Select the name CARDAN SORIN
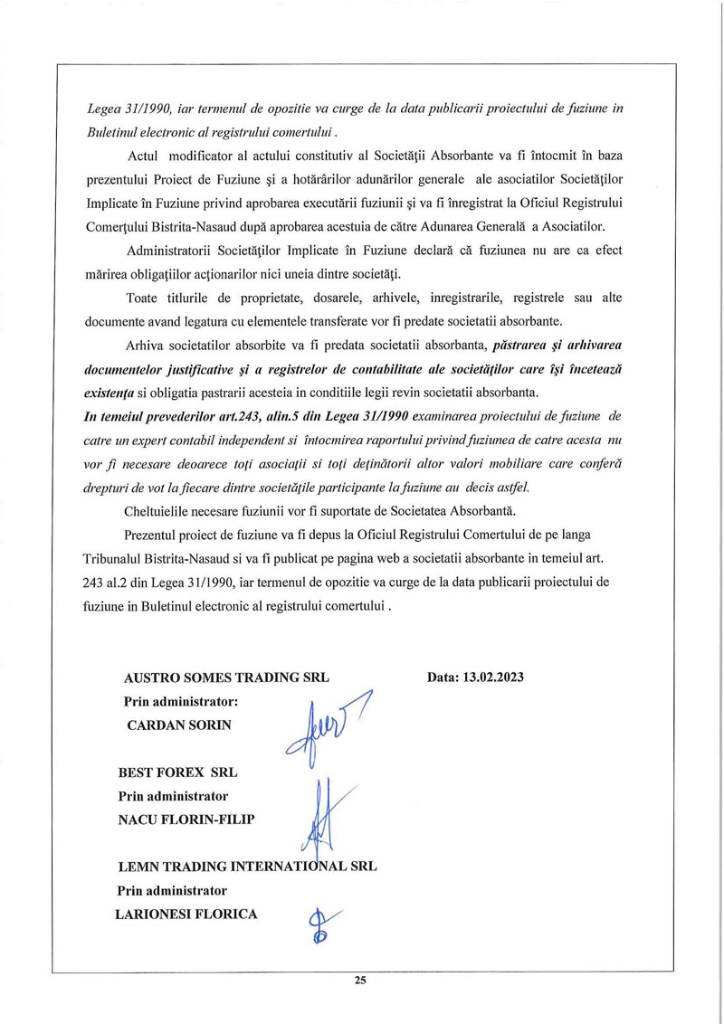pos(180,725)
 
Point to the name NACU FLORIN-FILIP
pos(186,820)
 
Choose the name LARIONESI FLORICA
pos(186,914)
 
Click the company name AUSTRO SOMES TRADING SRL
pos(226,677)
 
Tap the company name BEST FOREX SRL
pos(177,773)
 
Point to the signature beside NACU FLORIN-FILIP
pos(324,814)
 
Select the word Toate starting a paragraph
pos(145,297)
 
